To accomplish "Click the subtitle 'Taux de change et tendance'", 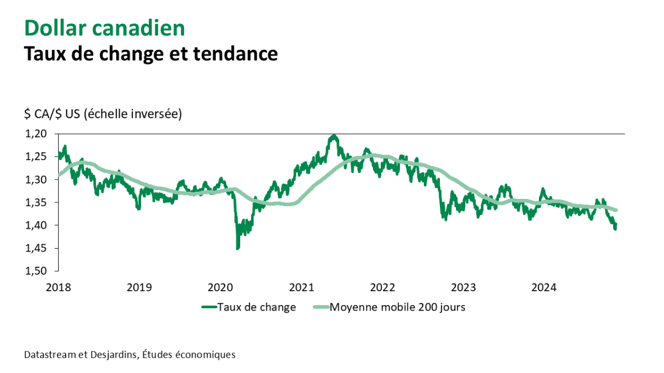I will coord(150,54).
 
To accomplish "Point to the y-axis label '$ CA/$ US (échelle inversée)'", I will coord(103,114).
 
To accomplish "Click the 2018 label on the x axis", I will coord(58,287).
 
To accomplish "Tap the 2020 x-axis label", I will coord(220,287).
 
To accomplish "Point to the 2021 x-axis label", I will coord(301,287).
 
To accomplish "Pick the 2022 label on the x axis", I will coord(382,287).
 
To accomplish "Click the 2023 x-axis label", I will coord(463,287).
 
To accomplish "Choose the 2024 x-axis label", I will coord(544,287).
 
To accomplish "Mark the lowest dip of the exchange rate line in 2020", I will coord(238,249).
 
